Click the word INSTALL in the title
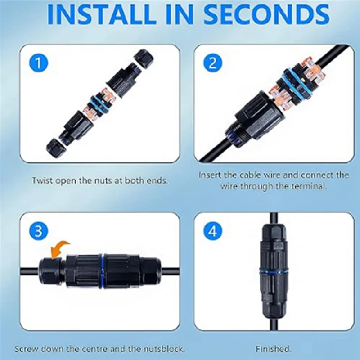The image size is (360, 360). pos(100,14)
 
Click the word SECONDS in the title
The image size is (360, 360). pos(267,14)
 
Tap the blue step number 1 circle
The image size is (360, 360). pos(39,63)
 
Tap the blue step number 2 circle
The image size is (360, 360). pos(213,63)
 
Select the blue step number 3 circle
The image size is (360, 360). pos(39,231)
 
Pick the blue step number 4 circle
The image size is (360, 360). pos(213,231)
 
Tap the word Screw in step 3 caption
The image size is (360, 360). pos(26,349)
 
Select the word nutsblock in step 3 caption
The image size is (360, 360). pos(164,349)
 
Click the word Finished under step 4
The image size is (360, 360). pos(274,349)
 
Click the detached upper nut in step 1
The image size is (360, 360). pos(144,59)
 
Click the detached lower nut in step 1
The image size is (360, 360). pos(56,147)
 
